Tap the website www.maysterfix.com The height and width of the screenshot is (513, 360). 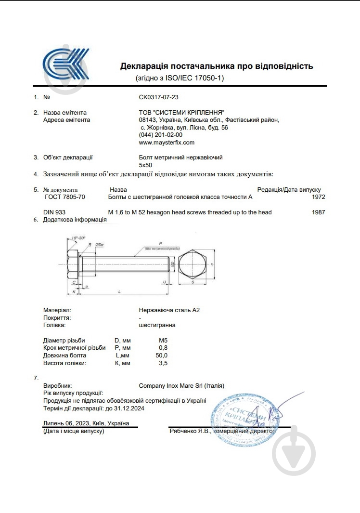167,143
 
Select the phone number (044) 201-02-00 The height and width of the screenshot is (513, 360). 160,135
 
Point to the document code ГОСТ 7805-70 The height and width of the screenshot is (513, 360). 64,197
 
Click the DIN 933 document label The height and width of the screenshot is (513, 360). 54,212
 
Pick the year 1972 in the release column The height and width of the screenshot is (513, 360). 318,197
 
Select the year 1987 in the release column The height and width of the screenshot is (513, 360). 318,212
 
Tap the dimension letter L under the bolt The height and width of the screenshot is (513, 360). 119,292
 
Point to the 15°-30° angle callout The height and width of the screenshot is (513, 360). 78,238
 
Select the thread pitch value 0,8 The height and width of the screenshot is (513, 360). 163,348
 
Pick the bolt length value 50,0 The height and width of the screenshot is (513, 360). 162,355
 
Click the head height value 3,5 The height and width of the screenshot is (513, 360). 163,363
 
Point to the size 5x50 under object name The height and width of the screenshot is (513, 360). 145,165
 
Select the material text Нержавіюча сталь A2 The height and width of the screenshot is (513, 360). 169,310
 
